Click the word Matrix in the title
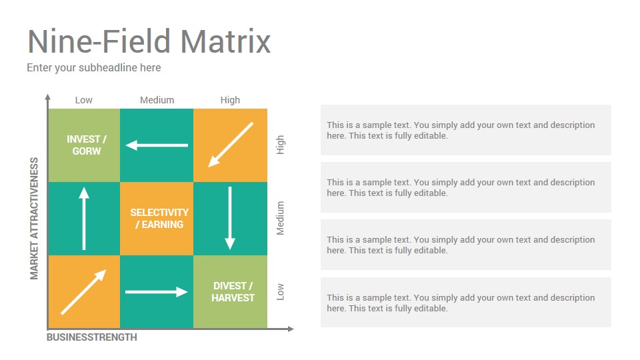(226, 41)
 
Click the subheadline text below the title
(94, 68)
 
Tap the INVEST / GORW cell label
(87, 145)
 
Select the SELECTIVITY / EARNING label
(159, 219)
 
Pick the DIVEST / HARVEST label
(233, 292)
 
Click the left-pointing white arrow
(157, 145)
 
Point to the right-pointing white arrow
(157, 292)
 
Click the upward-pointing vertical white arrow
(84, 219)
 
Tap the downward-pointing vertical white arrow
(230, 219)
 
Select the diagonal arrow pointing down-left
(231, 145)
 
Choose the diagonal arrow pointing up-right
(84, 292)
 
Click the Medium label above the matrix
(157, 100)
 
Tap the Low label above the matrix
(84, 100)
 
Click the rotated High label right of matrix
(280, 145)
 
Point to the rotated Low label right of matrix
(280, 292)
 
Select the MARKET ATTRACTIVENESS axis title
(34, 219)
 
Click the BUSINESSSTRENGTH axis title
(92, 337)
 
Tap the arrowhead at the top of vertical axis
(48, 97)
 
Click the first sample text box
(466, 130)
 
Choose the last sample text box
(466, 303)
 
